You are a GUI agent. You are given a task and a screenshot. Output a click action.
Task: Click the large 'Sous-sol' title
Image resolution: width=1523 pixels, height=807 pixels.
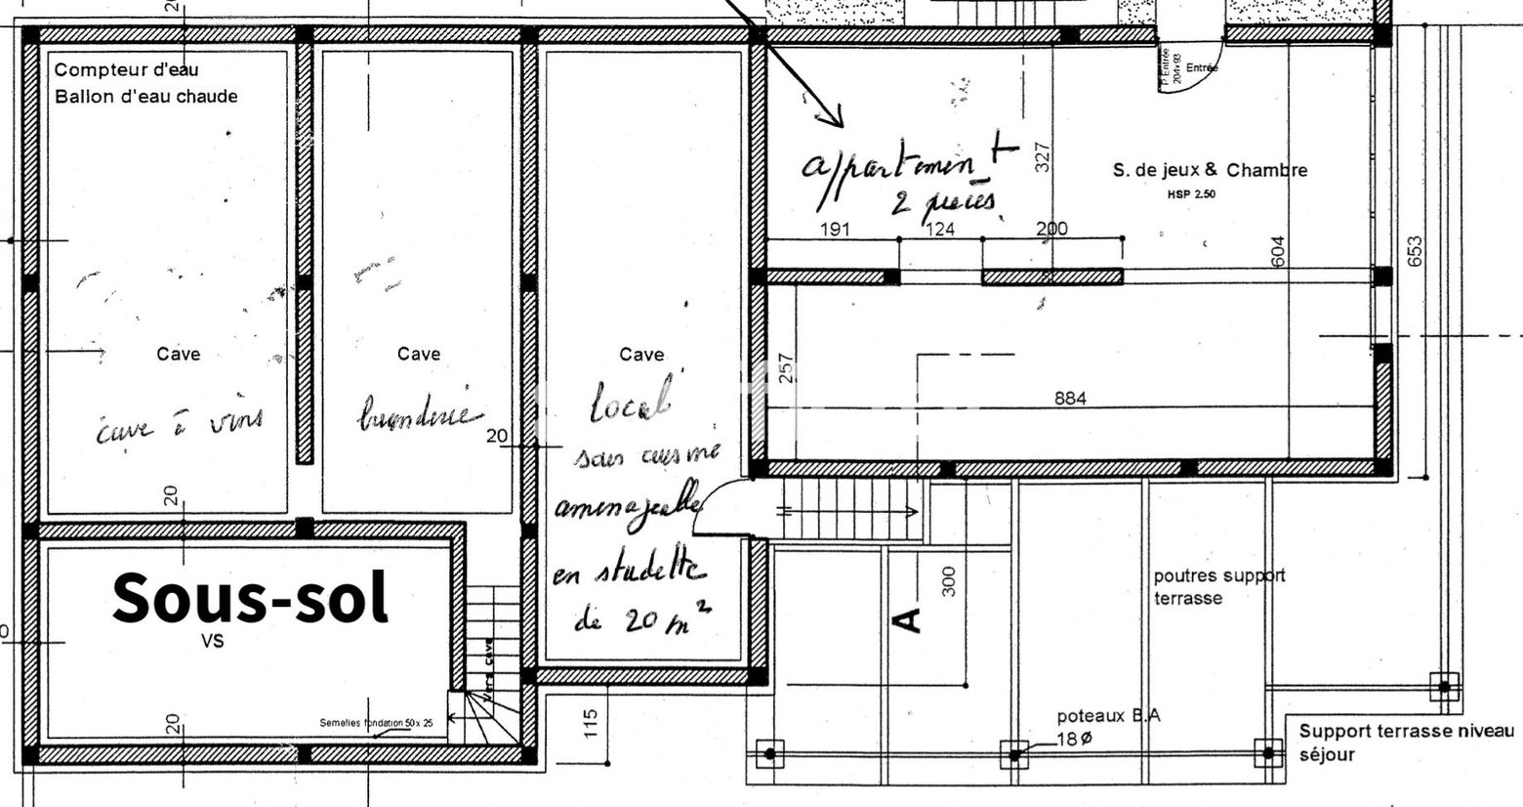tap(251, 598)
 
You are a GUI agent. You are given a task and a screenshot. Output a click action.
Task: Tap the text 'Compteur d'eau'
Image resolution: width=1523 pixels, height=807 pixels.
tap(127, 70)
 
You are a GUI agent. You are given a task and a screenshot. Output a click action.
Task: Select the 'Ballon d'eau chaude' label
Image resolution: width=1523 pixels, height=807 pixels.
tap(146, 97)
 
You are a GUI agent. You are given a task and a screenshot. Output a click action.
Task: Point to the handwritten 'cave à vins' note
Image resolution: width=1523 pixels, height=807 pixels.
tap(180, 425)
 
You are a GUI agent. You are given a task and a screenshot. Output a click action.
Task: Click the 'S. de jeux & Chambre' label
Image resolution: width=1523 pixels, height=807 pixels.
tap(1210, 170)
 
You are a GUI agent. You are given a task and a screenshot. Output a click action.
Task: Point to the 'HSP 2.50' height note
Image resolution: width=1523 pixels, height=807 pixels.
tap(1191, 194)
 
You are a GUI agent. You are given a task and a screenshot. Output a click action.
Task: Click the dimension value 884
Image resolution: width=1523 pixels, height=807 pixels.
tap(1070, 399)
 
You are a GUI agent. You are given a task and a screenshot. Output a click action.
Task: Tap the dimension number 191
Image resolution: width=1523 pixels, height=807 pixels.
tap(835, 230)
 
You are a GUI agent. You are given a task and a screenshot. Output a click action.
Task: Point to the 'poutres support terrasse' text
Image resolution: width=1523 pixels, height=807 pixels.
tap(1219, 586)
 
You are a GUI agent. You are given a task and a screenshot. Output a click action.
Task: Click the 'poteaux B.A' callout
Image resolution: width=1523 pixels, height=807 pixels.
tap(1108, 716)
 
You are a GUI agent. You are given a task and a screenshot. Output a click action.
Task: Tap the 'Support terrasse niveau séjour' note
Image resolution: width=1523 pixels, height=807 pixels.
tap(1405, 743)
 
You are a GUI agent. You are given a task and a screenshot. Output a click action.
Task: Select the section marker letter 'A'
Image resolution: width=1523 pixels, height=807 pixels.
tap(907, 619)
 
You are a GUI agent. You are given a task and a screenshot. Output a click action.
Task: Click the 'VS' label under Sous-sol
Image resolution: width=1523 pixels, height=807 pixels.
tap(212, 642)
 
